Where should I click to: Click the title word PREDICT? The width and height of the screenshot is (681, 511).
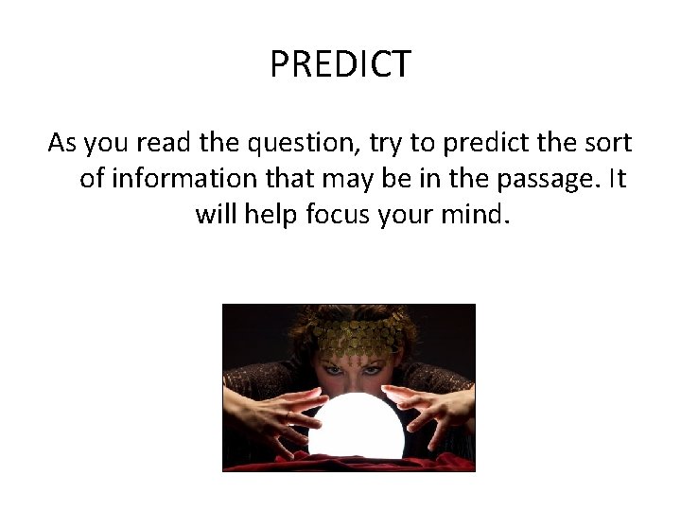coord(340,64)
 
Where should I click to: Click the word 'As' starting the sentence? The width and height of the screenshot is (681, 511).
coord(62,144)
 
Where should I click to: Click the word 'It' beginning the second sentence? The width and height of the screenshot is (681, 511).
coord(616,179)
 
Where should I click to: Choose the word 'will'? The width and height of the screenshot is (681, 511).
coord(217,214)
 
